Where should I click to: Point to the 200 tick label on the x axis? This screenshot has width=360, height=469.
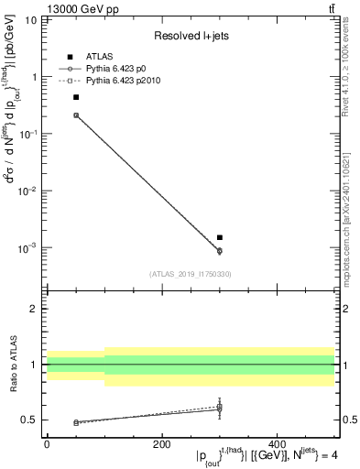[161, 444]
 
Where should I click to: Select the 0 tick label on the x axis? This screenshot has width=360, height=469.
[47, 444]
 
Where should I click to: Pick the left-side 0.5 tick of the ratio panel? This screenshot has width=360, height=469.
[30, 420]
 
